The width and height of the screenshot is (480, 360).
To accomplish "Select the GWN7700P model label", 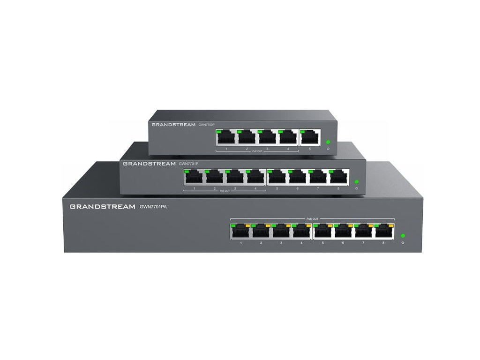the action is tap(207, 125).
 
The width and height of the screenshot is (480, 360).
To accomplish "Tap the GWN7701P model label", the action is tap(189, 164).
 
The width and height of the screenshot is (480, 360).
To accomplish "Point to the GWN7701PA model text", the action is tap(153, 206).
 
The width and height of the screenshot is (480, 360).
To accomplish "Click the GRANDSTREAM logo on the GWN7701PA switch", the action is tap(102, 206).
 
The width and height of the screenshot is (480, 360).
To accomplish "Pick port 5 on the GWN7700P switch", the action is tap(309, 137).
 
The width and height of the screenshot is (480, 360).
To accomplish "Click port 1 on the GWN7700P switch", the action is tap(225, 137).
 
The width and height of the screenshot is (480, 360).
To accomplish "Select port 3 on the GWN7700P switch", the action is tap(267, 137).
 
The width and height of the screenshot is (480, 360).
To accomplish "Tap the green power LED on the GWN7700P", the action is tap(328, 142).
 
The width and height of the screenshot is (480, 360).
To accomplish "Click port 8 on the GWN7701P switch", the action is tap(339, 177).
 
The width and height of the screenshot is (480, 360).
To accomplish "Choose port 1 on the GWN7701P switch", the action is tap(194, 177).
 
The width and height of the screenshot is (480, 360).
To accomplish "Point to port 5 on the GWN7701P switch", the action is tap(277, 177).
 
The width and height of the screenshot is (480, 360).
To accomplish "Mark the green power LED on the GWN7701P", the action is tap(357, 181).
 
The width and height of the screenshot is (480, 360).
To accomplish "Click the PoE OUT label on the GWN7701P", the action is tap(225, 191).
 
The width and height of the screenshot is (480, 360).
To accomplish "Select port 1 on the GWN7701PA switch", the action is tap(240, 231).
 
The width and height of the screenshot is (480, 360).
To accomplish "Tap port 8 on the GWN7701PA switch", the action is tap(383, 231).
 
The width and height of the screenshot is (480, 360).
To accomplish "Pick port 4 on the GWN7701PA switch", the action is tap(301, 231).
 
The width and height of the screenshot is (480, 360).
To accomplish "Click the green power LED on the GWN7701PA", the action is tap(403, 236).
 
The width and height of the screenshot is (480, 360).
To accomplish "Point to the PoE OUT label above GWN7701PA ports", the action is tap(312, 218).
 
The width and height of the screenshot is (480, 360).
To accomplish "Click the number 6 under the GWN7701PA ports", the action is tap(343, 243).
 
